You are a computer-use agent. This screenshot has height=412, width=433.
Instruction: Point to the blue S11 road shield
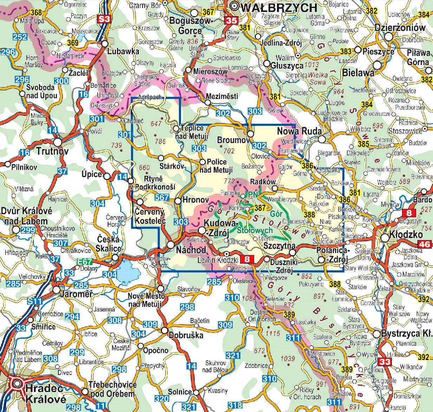[x=35, y=301]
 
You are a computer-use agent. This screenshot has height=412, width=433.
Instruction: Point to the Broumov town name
[x=233, y=140]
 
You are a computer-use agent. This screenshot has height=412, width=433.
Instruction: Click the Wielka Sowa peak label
[x=318, y=78]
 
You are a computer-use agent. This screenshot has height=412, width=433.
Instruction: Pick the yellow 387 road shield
[x=260, y=208]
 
